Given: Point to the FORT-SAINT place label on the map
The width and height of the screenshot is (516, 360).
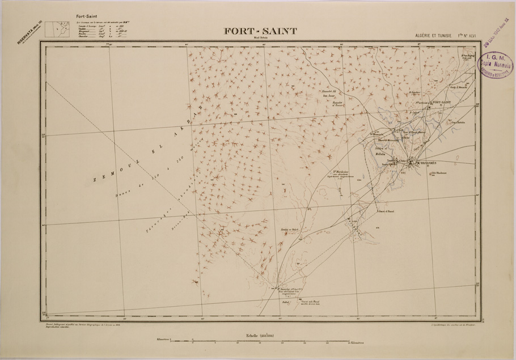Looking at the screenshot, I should [x=442, y=102].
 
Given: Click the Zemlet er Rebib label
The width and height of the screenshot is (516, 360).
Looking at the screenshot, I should [x=289, y=230].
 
